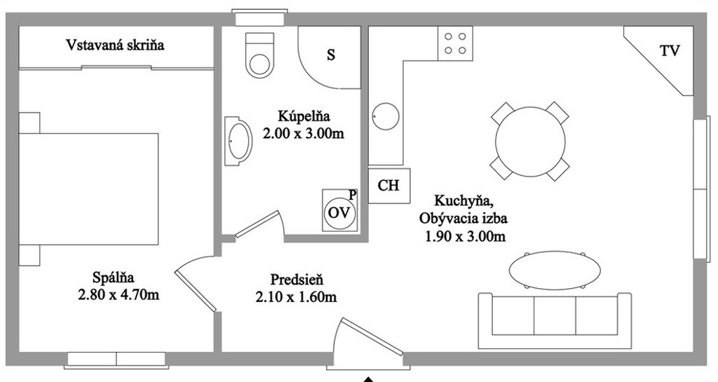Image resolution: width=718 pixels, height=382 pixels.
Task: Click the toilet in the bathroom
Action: click(x=259, y=55)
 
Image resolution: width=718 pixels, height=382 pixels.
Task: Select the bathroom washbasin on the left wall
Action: click(x=238, y=140)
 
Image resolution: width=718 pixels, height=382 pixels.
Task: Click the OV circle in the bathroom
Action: click(x=339, y=213)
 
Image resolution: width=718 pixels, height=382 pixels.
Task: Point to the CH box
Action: click(x=388, y=186)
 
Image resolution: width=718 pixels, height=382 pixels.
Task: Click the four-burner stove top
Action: click(x=455, y=43)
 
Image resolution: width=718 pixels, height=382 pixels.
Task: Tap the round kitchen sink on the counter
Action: click(x=385, y=116)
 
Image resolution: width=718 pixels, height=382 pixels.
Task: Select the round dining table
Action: click(x=530, y=142)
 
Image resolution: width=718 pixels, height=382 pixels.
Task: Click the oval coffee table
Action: click(x=555, y=270)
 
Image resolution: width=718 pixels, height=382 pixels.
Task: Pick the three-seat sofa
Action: click(x=555, y=320)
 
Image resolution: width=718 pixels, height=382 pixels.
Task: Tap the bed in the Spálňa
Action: click(x=88, y=189)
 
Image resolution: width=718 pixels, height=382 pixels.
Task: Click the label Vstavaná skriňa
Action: click(x=115, y=45)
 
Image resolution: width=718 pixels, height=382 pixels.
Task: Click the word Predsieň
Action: click(x=297, y=279)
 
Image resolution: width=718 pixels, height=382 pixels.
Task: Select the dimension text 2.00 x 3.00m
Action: click(x=304, y=134)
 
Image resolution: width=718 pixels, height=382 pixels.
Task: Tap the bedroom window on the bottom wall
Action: click(x=116, y=359)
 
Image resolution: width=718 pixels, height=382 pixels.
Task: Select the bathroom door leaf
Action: click(x=257, y=224)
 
